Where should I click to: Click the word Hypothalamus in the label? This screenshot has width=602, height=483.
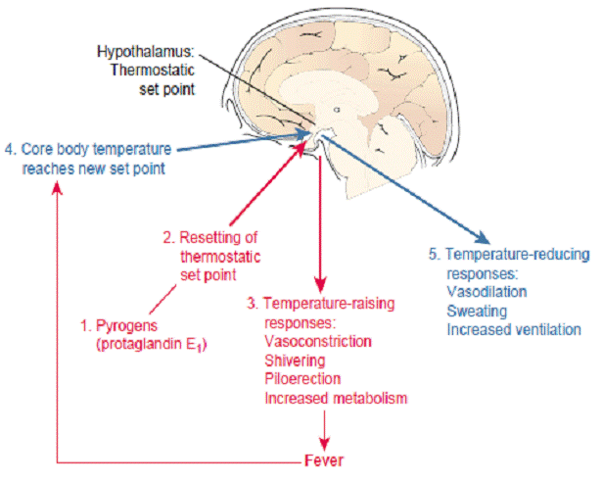click(x=144, y=52)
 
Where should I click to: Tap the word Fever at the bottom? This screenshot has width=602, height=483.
click(x=324, y=460)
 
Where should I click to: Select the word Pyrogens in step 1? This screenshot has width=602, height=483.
click(x=126, y=326)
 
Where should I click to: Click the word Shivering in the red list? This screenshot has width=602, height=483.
click(x=295, y=361)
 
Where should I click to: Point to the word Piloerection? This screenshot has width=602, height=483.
click(x=302, y=379)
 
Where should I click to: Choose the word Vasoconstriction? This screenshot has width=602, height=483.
click(x=318, y=341)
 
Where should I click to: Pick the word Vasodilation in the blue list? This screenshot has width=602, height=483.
click(x=486, y=292)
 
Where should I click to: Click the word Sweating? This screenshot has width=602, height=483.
click(x=477, y=311)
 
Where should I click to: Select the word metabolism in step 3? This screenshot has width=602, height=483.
click(x=370, y=398)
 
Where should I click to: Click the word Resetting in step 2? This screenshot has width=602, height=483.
click(x=218, y=237)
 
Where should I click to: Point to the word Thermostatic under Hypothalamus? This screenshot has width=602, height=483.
click(x=153, y=71)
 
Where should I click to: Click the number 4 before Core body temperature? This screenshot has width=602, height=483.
click(x=10, y=149)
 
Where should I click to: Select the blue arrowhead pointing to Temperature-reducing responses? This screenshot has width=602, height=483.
click(x=482, y=237)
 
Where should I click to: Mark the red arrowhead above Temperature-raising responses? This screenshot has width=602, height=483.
click(x=320, y=285)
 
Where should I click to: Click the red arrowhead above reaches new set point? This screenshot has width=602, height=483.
click(x=57, y=187)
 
